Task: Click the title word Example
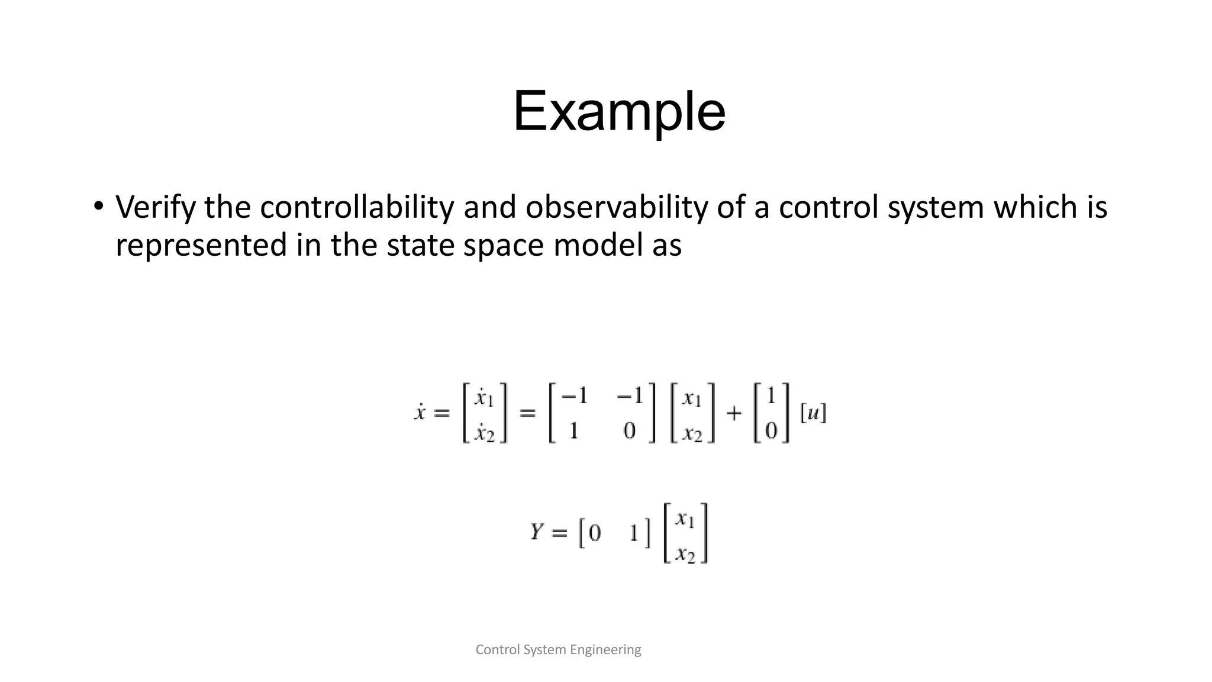(x=618, y=111)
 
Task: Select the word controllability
(x=357, y=207)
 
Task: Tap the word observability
(x=616, y=207)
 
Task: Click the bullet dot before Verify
(x=98, y=207)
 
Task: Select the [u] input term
(x=813, y=413)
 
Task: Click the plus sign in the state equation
(x=734, y=413)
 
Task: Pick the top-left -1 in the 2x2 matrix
(x=573, y=395)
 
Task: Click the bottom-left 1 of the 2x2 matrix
(x=573, y=431)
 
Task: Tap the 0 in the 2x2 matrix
(x=630, y=431)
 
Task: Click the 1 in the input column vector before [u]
(x=771, y=395)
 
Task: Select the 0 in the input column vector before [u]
(x=771, y=431)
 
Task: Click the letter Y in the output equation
(x=537, y=532)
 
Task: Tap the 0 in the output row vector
(x=595, y=533)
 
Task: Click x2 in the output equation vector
(x=686, y=554)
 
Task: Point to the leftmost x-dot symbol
(x=420, y=412)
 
